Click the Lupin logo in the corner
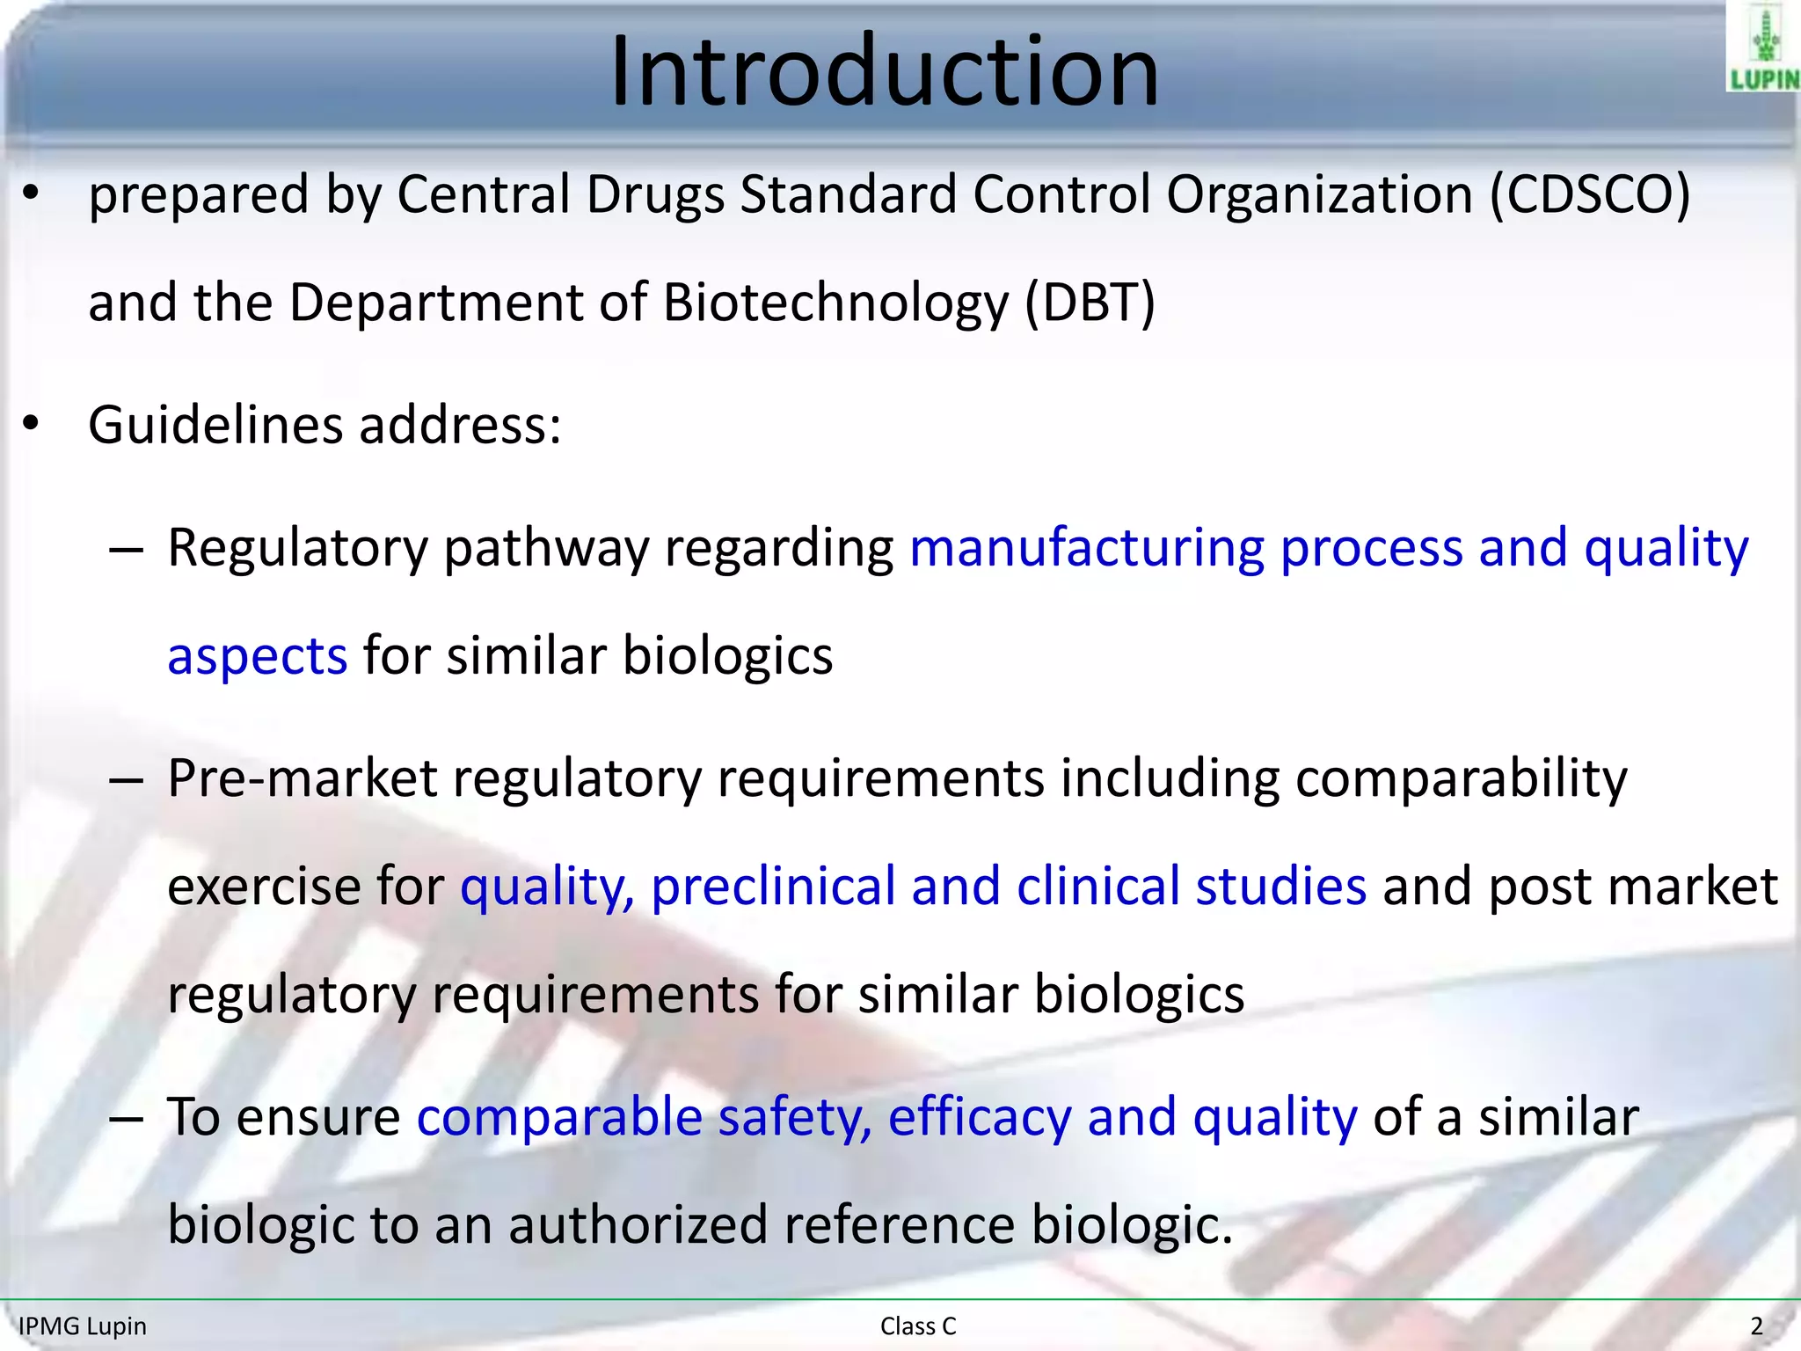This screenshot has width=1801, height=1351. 1763,48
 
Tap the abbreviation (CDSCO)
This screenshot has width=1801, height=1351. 1590,194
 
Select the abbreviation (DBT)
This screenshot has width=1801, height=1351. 1090,303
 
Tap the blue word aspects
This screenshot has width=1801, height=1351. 257,656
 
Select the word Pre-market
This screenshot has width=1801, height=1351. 303,778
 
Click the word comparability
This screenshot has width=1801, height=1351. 1461,778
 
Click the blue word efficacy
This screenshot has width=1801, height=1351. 979,1117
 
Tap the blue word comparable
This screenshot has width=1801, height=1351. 559,1117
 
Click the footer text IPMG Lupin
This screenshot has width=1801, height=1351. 83,1325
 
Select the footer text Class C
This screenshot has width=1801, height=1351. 917,1325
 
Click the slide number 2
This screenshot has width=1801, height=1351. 1756,1325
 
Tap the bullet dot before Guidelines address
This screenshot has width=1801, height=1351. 32,425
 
